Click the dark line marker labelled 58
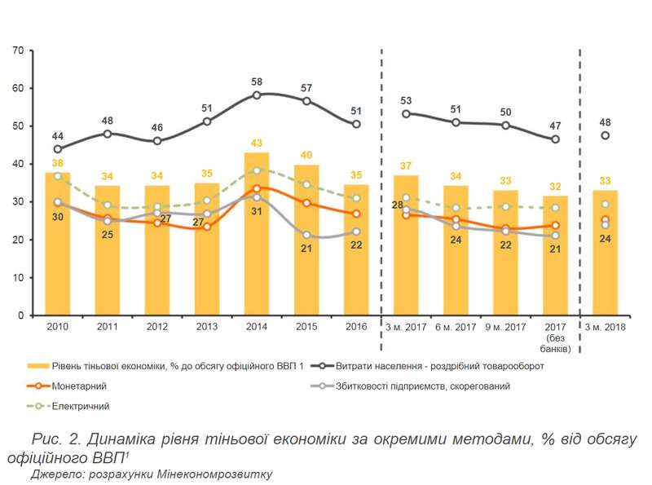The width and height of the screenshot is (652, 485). click(257, 95)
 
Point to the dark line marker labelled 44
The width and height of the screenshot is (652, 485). click(58, 149)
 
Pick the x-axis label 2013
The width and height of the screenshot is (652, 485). click(207, 328)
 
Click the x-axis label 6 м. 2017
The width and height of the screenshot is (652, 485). click(455, 328)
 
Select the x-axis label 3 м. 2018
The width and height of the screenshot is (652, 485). click(605, 328)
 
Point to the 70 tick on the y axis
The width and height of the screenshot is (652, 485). click(17, 51)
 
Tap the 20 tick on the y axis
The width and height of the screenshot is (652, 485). click(17, 240)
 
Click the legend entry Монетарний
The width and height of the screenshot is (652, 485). click(85, 386)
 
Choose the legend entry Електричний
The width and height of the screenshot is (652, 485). click(85, 405)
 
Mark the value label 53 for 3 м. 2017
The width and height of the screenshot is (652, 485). click(406, 101)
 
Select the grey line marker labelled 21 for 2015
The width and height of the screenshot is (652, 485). click(306, 235)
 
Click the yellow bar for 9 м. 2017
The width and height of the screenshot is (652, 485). click(505, 261)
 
